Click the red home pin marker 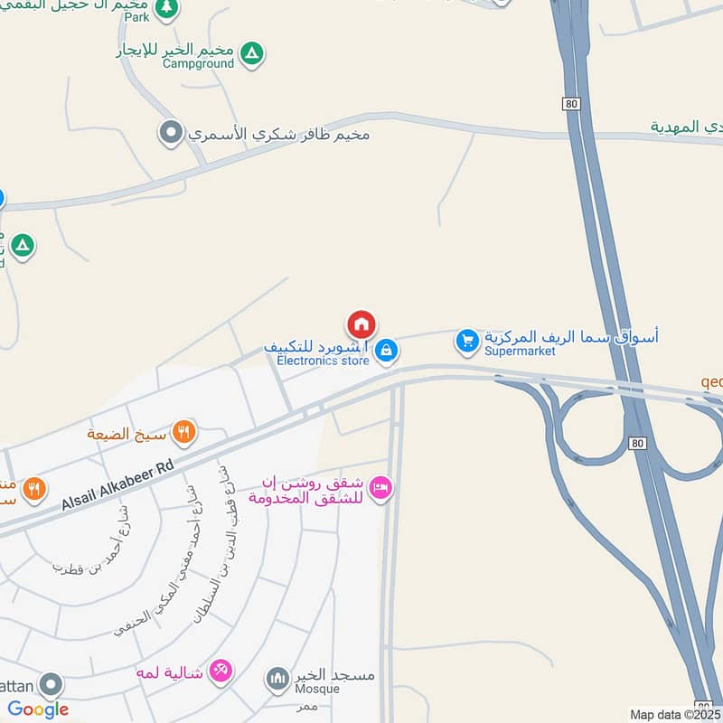click(361, 324)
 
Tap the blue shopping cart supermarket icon click(466, 341)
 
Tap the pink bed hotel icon click(381, 488)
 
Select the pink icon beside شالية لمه click(221, 671)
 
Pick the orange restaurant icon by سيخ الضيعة click(184, 433)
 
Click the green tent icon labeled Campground click(255, 54)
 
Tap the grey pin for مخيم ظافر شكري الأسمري click(170, 134)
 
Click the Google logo click(38, 709)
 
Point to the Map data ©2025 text click(676, 715)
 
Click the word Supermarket click(520, 352)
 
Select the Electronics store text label click(323, 361)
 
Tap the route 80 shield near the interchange click(638, 443)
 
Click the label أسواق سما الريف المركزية click(571, 336)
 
